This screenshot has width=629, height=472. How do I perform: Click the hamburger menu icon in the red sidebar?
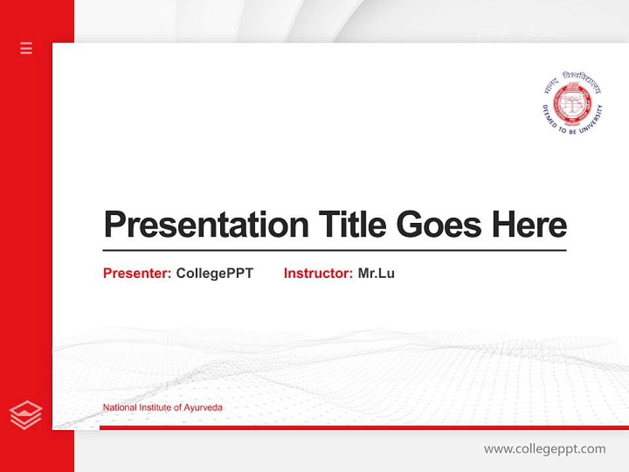pos(26,48)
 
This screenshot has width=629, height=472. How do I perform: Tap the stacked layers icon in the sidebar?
pos(26,415)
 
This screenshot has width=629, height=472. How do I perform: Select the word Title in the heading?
pos(352,225)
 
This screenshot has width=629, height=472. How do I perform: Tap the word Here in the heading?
pos(529,225)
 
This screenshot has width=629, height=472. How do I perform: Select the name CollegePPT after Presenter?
pos(214,273)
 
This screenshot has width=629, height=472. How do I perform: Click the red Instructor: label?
pos(318,273)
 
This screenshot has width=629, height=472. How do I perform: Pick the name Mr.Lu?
pos(376,273)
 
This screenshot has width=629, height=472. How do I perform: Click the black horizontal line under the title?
pos(334,250)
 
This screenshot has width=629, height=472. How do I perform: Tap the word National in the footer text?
pos(120,408)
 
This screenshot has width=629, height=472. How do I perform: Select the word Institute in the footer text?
pos(155,408)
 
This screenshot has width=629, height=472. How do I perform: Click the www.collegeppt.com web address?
pos(544,449)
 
